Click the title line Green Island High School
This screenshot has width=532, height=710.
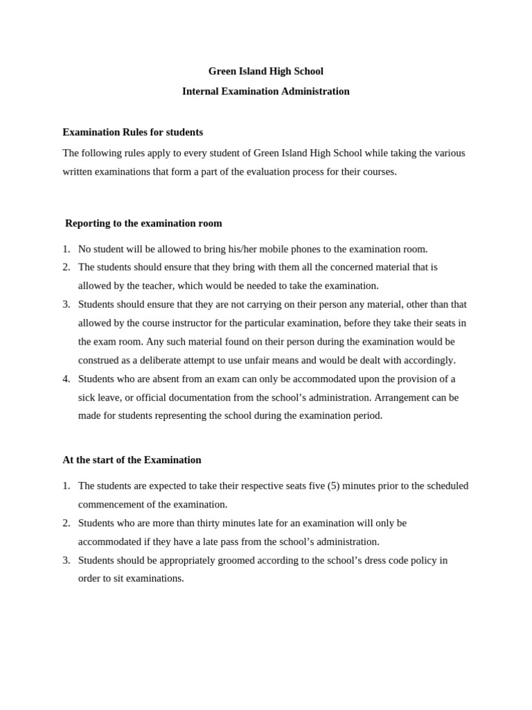[266, 71]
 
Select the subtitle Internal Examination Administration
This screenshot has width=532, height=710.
[266, 92]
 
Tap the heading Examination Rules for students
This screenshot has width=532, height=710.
[132, 132]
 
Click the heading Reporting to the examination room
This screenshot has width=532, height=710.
[143, 223]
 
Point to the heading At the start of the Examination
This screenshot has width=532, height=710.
[132, 460]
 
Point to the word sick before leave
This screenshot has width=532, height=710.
[88, 398]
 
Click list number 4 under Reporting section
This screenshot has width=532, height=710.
[66, 379]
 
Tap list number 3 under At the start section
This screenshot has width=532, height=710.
[66, 560]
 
